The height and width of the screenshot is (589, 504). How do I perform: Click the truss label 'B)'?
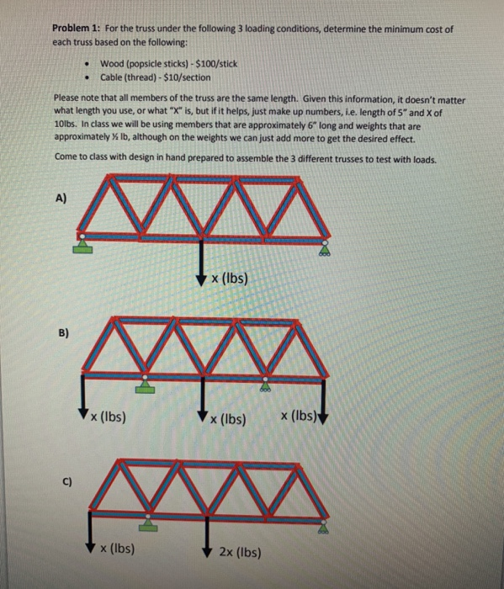pyautogui.click(x=60, y=332)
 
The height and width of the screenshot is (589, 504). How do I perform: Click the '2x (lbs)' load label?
pyautogui.click(x=240, y=553)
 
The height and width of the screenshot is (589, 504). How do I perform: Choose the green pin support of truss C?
pyautogui.click(x=148, y=522)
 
